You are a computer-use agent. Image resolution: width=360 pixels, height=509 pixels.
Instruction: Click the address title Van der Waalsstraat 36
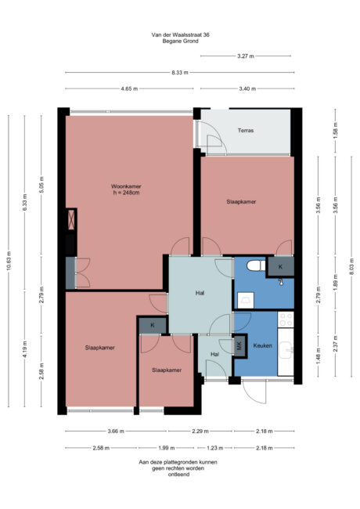179,34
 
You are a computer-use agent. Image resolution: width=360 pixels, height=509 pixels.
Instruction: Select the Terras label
246,130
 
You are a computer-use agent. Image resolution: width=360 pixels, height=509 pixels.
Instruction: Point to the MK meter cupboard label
239,345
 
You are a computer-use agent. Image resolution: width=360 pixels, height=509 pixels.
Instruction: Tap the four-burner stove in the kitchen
286,320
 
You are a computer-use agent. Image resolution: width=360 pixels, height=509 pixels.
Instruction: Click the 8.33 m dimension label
181,73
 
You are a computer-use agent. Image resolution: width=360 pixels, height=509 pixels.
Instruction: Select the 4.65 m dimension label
129,89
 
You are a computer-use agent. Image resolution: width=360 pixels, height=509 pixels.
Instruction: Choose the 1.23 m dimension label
214,448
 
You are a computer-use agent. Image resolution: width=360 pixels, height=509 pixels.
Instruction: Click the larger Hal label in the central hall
200,294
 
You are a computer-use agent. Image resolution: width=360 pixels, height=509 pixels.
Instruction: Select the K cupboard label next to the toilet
279,266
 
